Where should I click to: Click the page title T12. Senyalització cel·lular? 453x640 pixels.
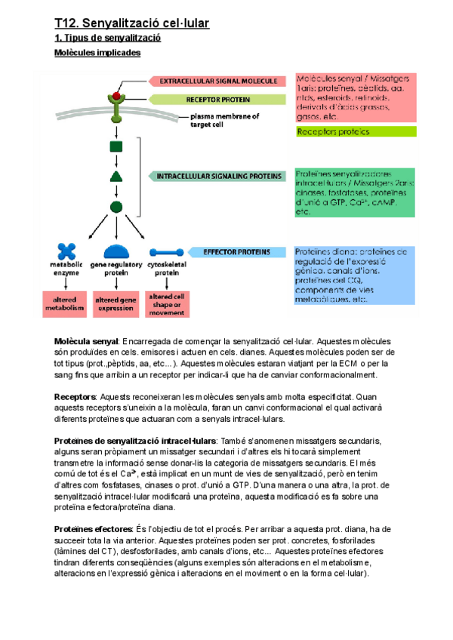pyautogui.click(x=131, y=23)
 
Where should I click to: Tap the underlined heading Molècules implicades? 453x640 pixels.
pyautogui.click(x=97, y=53)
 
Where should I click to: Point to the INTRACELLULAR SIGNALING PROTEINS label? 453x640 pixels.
pyautogui.click(x=218, y=176)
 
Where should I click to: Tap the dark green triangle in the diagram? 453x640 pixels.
pyautogui.click(x=116, y=177)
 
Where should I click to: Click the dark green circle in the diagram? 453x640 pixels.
pyautogui.click(x=116, y=206)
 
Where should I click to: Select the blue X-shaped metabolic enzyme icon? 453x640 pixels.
pyautogui.click(x=66, y=251)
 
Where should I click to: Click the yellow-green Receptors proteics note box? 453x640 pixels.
pyautogui.click(x=355, y=131)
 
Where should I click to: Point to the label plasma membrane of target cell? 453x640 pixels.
pyautogui.click(x=225, y=121)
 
